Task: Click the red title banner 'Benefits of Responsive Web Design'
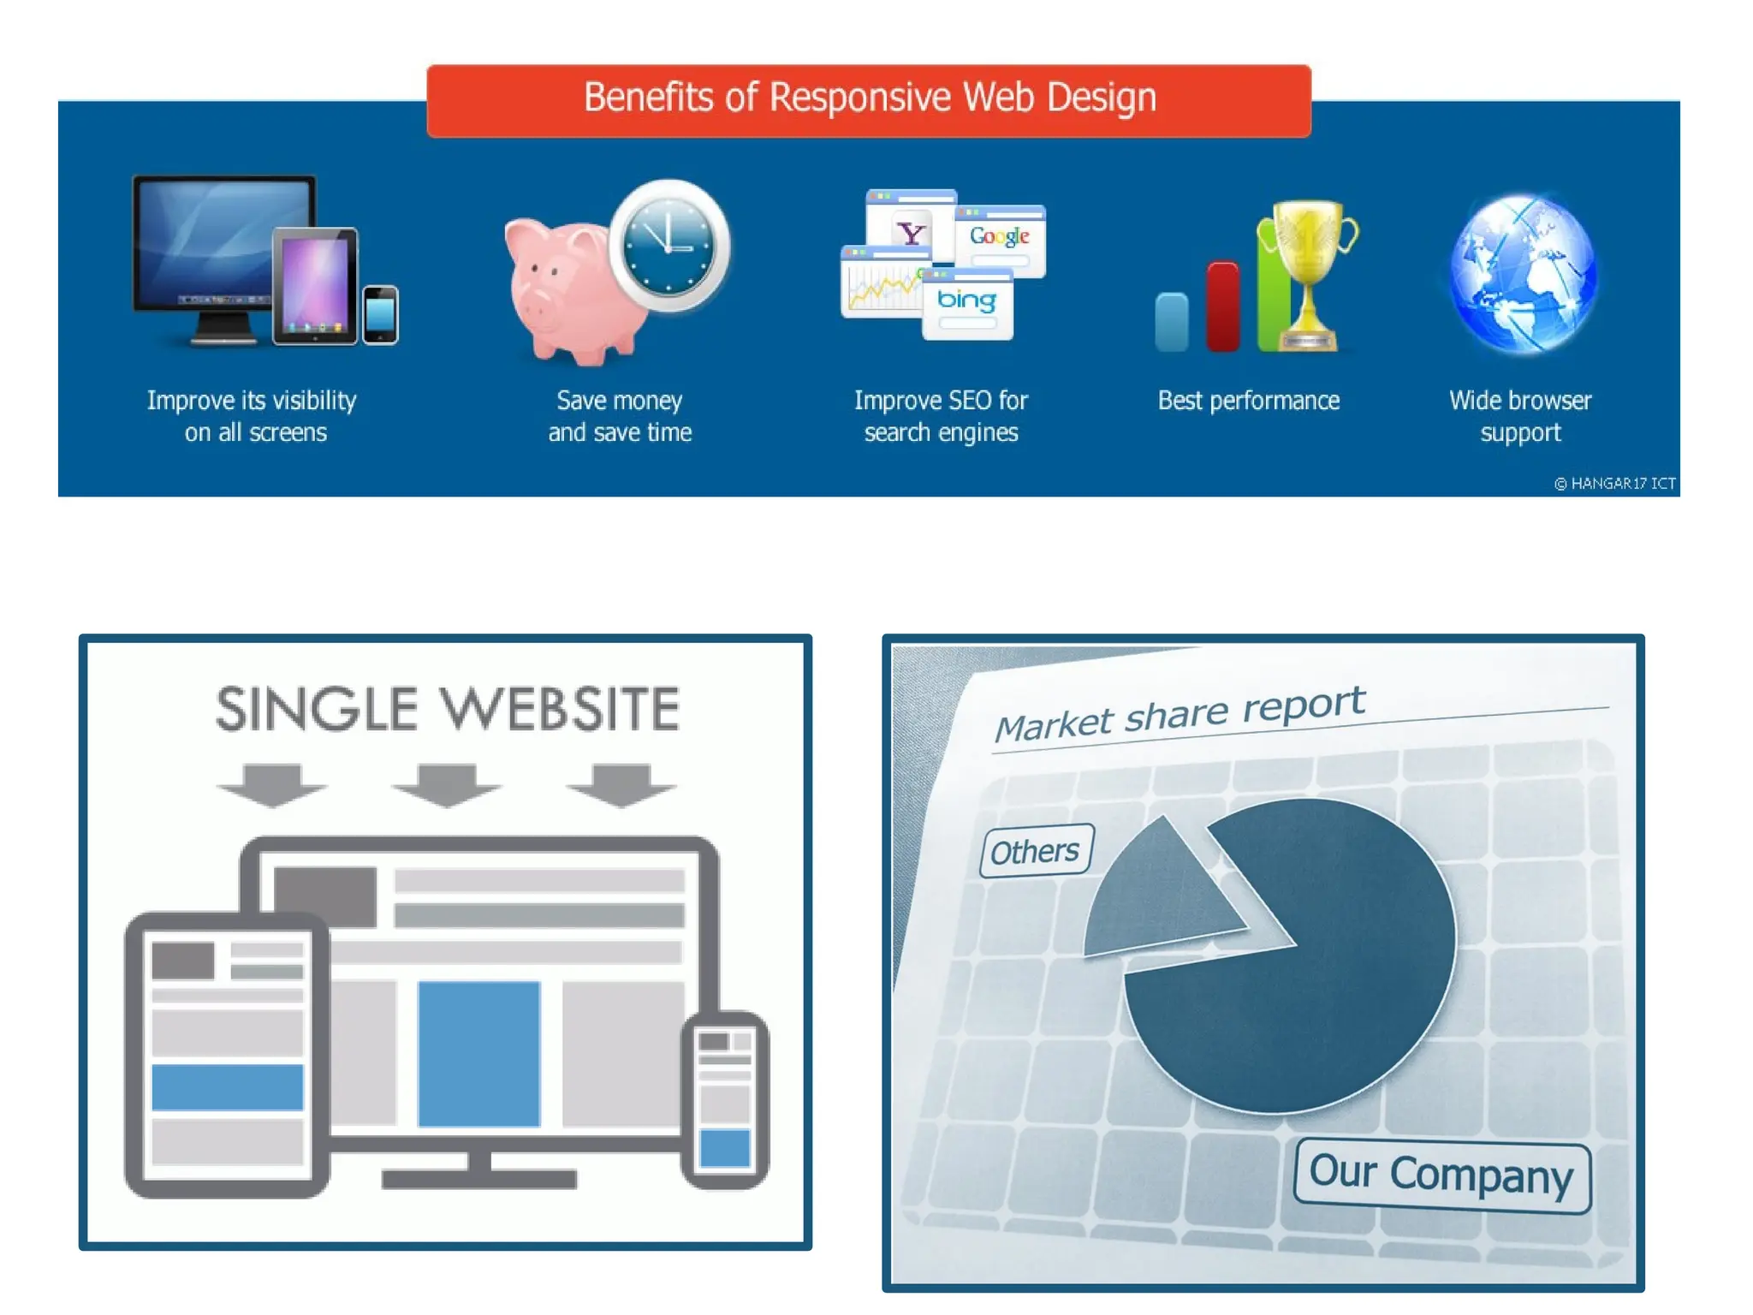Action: [x=868, y=99]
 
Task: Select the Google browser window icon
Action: [x=1001, y=238]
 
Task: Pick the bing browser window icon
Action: [x=967, y=305]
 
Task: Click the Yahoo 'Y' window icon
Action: [x=909, y=227]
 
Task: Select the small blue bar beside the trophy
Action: [x=1172, y=322]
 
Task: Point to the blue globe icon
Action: [x=1522, y=274]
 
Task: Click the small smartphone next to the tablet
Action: [x=380, y=315]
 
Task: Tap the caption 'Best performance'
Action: [x=1248, y=401]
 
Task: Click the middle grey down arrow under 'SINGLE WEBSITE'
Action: [x=446, y=784]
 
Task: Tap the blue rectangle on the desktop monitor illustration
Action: [x=478, y=1053]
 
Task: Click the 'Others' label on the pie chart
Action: [x=1036, y=851]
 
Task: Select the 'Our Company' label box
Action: [x=1441, y=1175]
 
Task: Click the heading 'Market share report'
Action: [x=1180, y=714]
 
